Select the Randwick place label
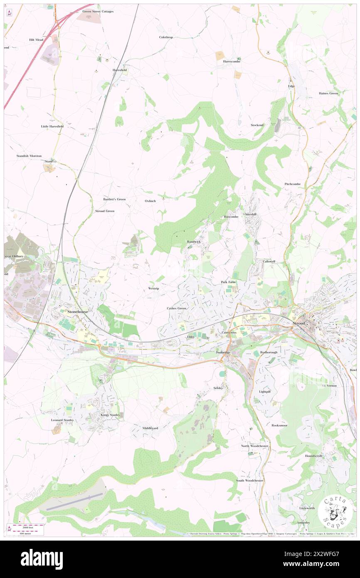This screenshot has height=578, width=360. pos(194,242)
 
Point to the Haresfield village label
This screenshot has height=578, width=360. pos(120,70)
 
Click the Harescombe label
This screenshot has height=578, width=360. pos(232,61)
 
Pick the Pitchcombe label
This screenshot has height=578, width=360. pos(292,184)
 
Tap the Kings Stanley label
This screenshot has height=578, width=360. pos(110,415)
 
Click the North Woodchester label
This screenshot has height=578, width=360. pos(255,446)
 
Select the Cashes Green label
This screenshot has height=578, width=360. pos(176,308)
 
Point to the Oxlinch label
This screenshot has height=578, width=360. pos(150,201)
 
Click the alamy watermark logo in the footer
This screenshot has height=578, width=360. pos(42,559)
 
